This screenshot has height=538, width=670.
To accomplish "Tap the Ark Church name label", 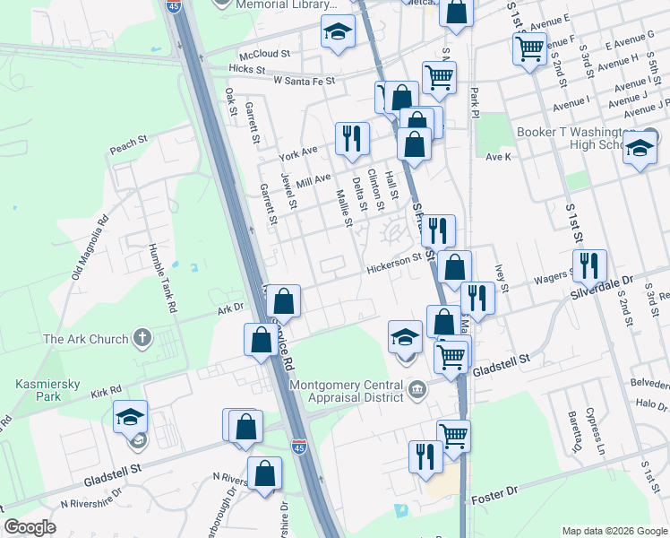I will (86, 339).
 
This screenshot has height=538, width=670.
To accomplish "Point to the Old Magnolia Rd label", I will (90, 245).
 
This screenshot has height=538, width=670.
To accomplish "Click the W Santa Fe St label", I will (304, 81).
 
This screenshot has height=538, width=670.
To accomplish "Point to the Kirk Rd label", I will (105, 391).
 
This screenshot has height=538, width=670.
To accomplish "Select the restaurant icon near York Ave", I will (350, 137).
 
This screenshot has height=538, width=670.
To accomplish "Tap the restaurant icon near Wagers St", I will (589, 265).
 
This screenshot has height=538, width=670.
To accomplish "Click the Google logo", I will (30, 527).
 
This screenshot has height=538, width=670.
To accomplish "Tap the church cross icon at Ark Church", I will (141, 338).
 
